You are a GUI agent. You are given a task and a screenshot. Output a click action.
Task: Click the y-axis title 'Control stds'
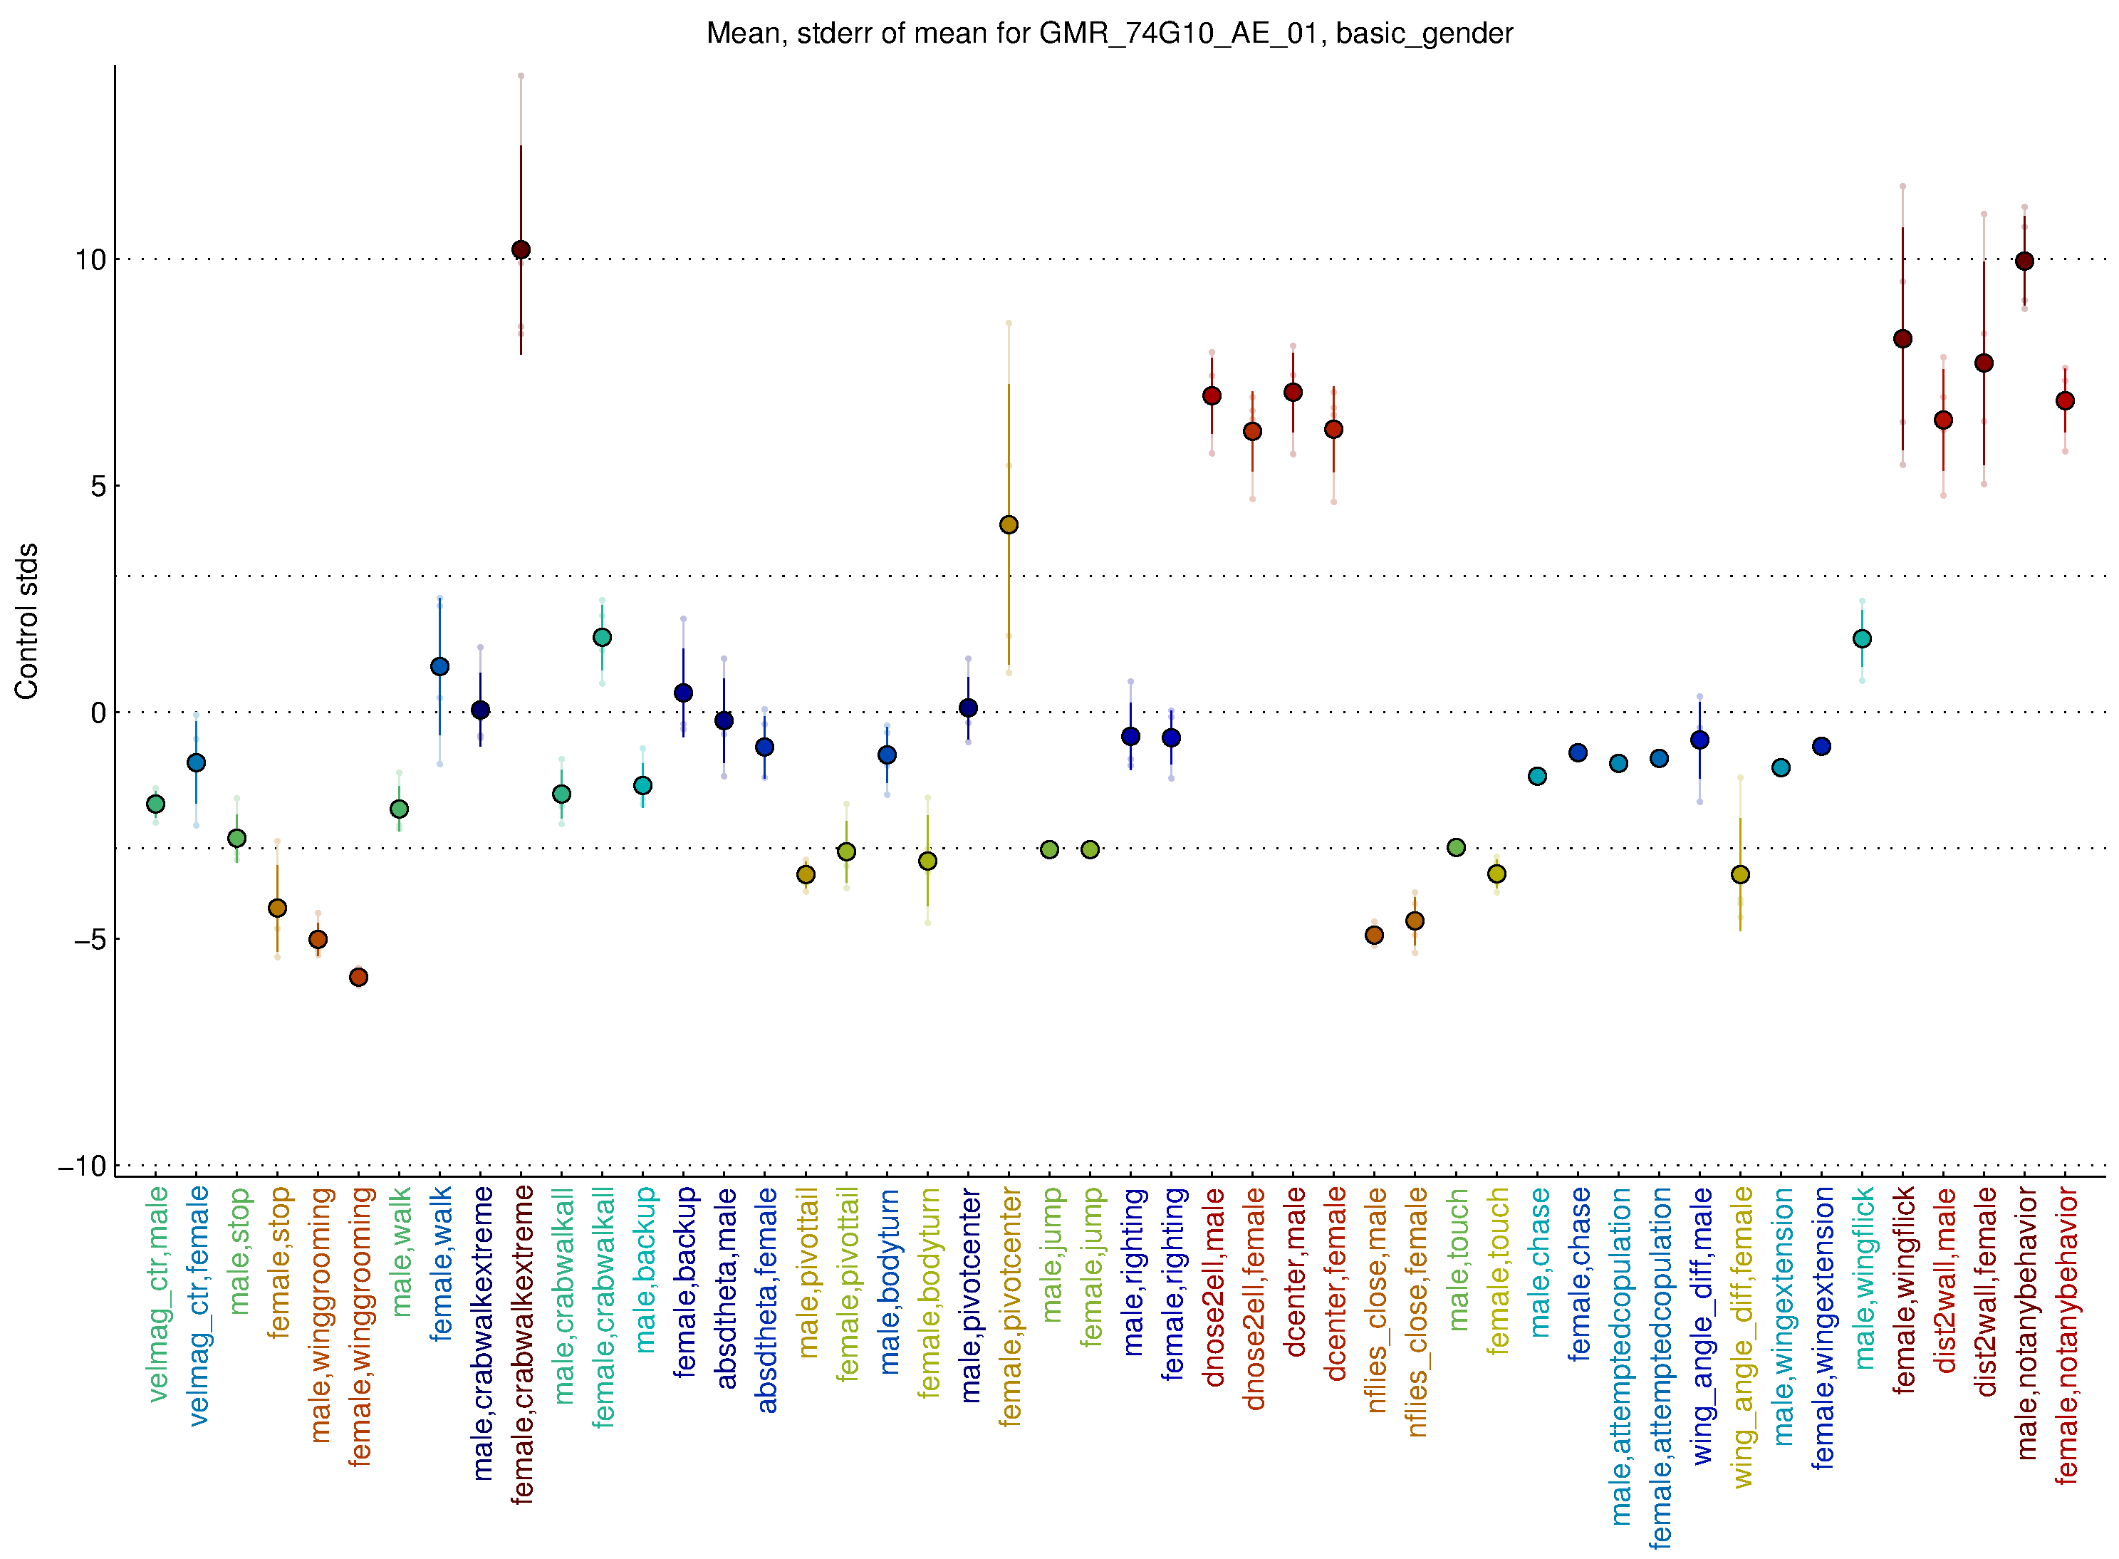(x=26, y=620)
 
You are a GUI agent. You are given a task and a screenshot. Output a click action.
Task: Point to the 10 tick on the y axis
(x=90, y=259)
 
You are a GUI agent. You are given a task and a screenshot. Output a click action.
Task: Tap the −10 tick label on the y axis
(x=82, y=1166)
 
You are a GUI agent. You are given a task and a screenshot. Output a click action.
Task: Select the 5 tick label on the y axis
(x=98, y=486)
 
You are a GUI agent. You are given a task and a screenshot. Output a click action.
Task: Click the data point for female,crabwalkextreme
(x=521, y=250)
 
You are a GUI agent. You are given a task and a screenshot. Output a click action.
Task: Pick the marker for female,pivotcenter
(x=1009, y=524)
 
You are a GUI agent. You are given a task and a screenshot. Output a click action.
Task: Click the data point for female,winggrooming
(x=358, y=977)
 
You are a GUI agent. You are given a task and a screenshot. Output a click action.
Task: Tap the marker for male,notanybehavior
(x=2024, y=261)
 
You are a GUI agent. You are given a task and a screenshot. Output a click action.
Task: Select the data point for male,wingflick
(x=1861, y=639)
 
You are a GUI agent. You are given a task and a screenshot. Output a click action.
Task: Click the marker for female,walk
(x=439, y=666)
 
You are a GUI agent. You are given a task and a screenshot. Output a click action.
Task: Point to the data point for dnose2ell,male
(x=1212, y=395)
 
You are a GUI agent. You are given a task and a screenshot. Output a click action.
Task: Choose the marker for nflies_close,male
(x=1374, y=936)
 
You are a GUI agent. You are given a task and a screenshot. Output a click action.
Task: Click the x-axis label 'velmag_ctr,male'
(x=157, y=1294)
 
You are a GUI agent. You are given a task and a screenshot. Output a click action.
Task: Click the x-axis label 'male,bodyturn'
(x=889, y=1280)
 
